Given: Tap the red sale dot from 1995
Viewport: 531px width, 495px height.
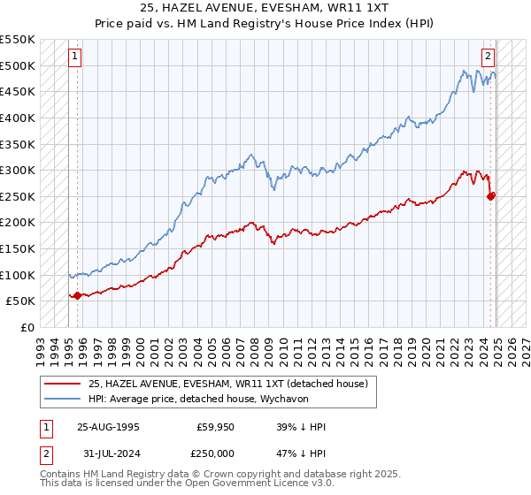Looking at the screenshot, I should coord(77,295).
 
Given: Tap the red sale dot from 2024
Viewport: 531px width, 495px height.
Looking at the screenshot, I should coord(491,195).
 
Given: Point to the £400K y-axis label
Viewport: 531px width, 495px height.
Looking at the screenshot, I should coord(19,118).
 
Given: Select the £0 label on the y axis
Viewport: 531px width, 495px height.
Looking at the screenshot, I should coord(27,327).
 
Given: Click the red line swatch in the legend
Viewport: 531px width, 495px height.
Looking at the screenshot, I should coord(63,383).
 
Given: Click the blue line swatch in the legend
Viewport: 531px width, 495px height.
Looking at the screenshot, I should coord(63,399).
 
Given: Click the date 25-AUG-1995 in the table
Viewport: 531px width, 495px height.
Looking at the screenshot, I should coord(108,427).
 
